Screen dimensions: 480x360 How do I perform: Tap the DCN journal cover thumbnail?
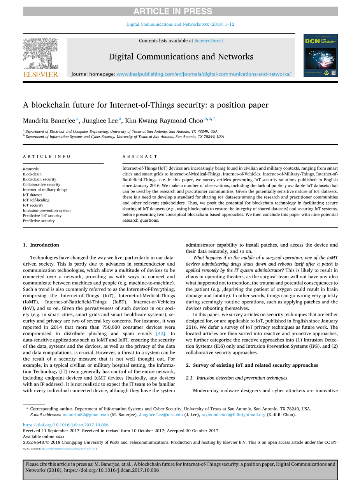point(320,55)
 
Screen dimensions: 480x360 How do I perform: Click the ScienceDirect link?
point(209,40)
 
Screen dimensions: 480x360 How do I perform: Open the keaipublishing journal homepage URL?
point(204,74)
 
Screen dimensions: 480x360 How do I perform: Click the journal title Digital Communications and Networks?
point(181,57)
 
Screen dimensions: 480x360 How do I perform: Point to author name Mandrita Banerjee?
point(49,121)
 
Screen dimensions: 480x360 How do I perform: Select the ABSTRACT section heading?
point(140,156)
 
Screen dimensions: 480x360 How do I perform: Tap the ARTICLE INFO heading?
point(47,156)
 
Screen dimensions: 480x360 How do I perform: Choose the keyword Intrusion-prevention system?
point(47,210)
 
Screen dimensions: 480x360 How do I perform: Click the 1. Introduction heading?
point(41,245)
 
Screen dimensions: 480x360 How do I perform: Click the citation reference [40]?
point(160,333)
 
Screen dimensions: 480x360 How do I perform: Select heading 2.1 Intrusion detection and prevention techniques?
point(236,378)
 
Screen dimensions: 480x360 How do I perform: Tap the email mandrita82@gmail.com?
point(86,415)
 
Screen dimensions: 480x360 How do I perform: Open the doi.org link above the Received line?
point(66,425)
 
